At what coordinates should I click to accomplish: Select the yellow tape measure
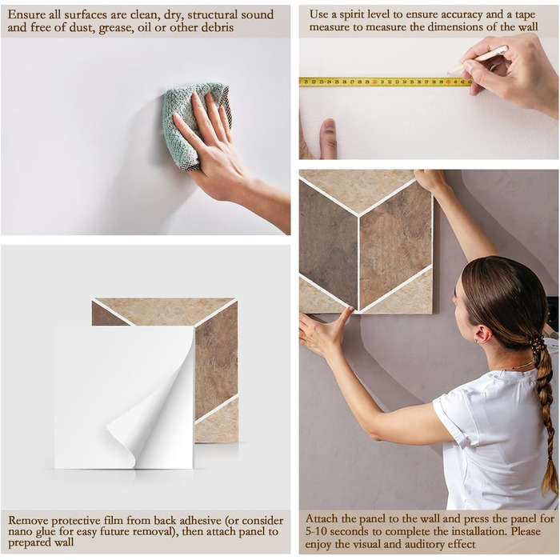coord(386,82)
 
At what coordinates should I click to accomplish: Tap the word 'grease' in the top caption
coord(117,28)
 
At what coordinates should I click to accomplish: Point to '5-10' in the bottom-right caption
coord(316,532)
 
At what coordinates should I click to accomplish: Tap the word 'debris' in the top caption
coord(217,27)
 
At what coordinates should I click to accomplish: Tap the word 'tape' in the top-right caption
coord(523,15)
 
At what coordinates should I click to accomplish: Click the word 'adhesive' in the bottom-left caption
coord(199,521)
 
